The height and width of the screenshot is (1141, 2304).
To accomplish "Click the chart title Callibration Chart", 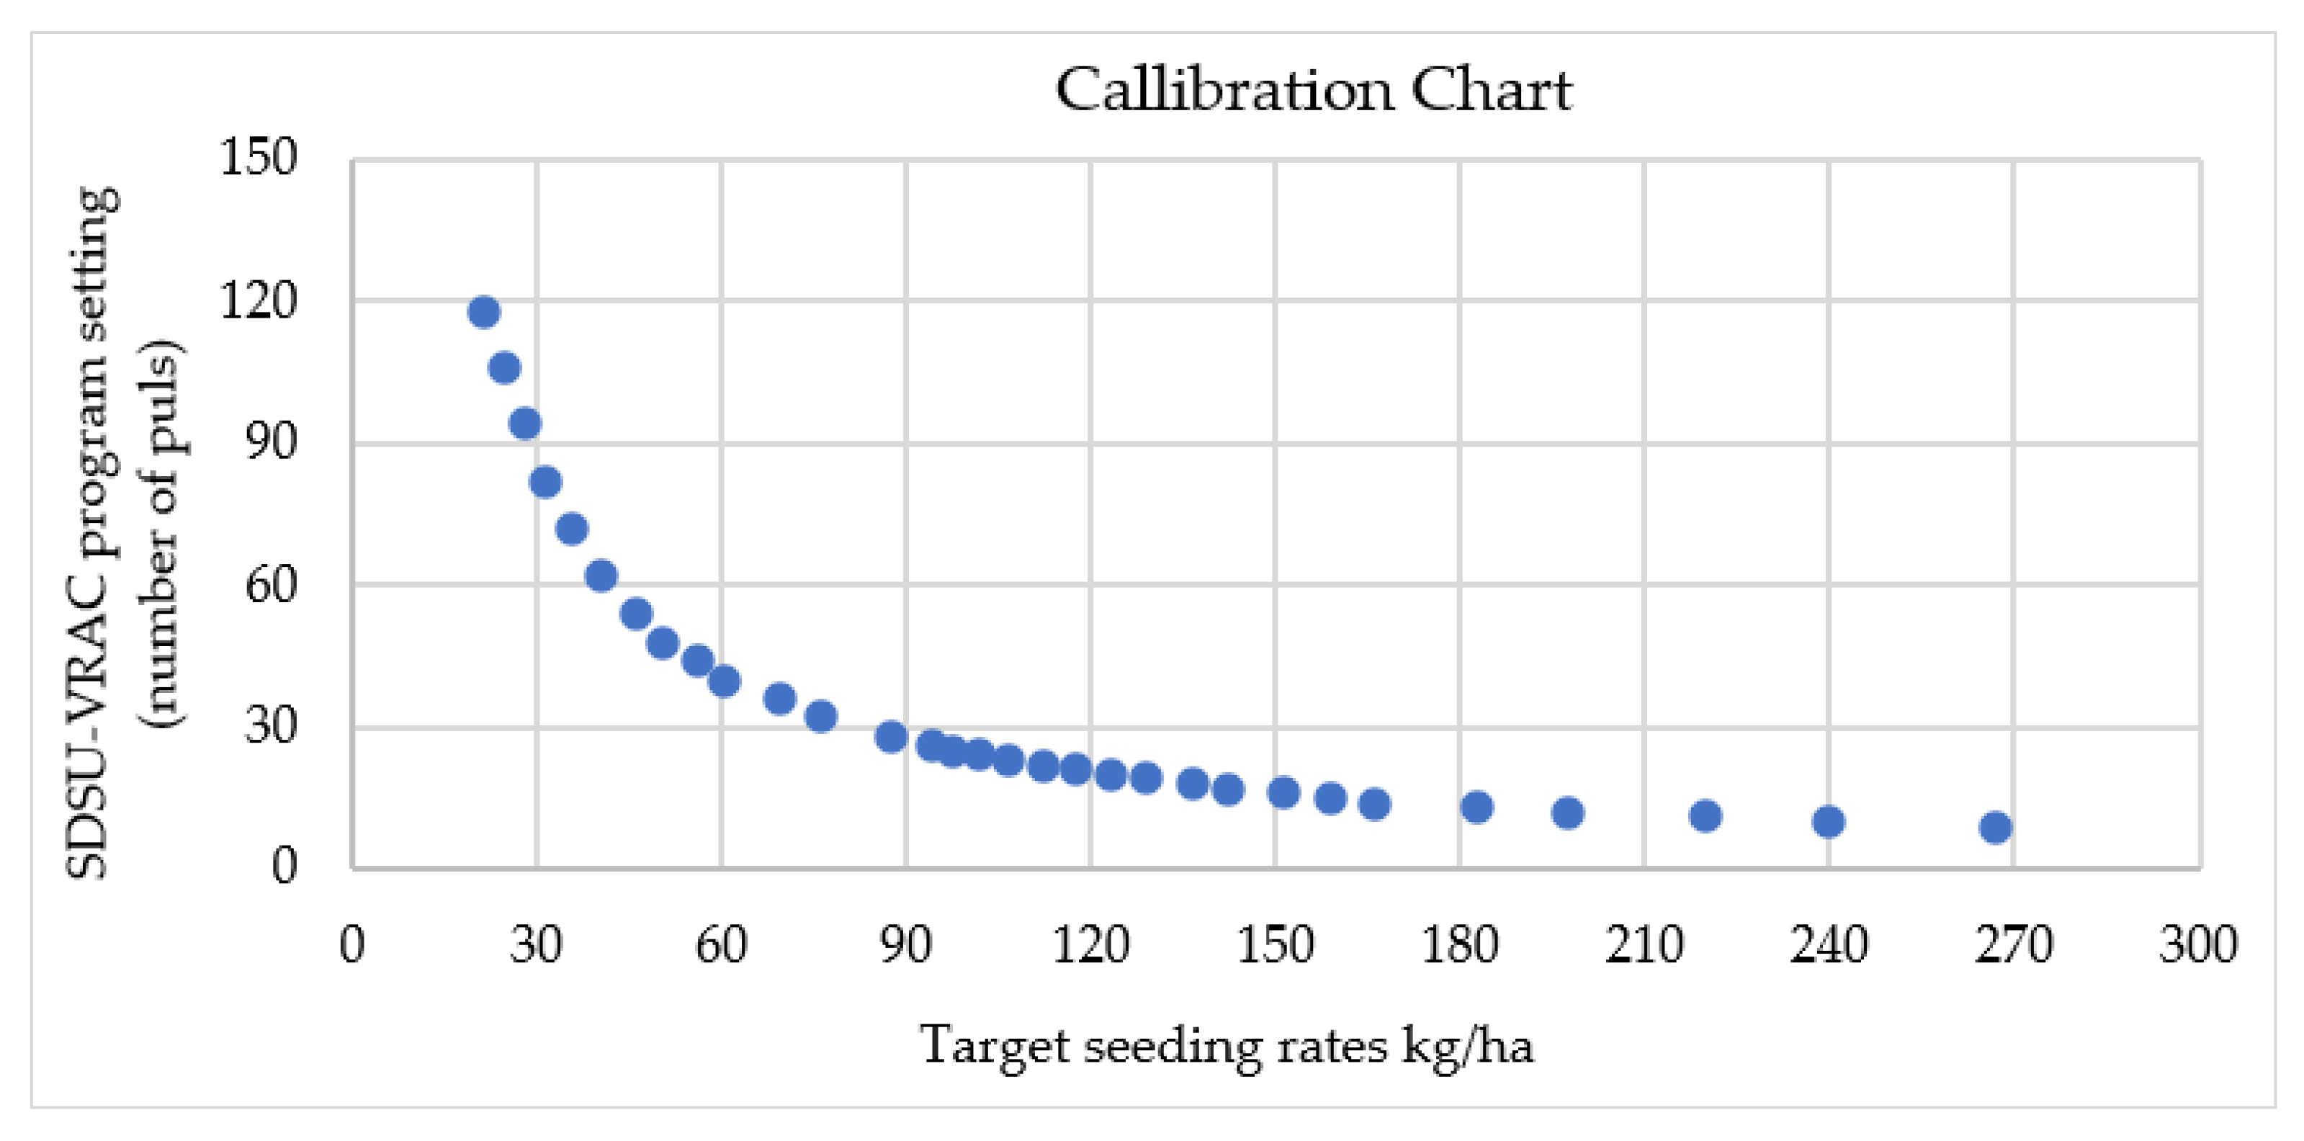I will coord(1313,90).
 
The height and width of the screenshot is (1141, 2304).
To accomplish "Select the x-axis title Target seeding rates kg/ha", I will coord(1227,1045).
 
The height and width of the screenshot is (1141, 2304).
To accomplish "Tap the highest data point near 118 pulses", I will coord(484,312).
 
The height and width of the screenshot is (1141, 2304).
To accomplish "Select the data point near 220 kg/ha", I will coord(1705,815).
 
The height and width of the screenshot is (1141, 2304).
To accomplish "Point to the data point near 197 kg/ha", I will coord(1568,813).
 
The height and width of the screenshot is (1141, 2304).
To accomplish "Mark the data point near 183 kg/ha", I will coord(1476,807).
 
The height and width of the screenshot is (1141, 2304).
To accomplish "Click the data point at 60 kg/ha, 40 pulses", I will coord(724,681).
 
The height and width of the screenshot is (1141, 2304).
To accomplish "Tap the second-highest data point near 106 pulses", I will coord(504,367).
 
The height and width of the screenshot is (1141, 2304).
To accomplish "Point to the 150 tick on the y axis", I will coord(259,158).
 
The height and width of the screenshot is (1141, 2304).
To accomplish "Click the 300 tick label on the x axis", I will coord(2197,944).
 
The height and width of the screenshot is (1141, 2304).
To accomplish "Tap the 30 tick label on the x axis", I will coord(536,944).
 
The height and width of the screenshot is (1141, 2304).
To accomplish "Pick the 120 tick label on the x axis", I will coord(1090,944).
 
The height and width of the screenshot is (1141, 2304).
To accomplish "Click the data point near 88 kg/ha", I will coord(891,737).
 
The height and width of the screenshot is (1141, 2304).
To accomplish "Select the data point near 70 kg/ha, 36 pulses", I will coord(780,699).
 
